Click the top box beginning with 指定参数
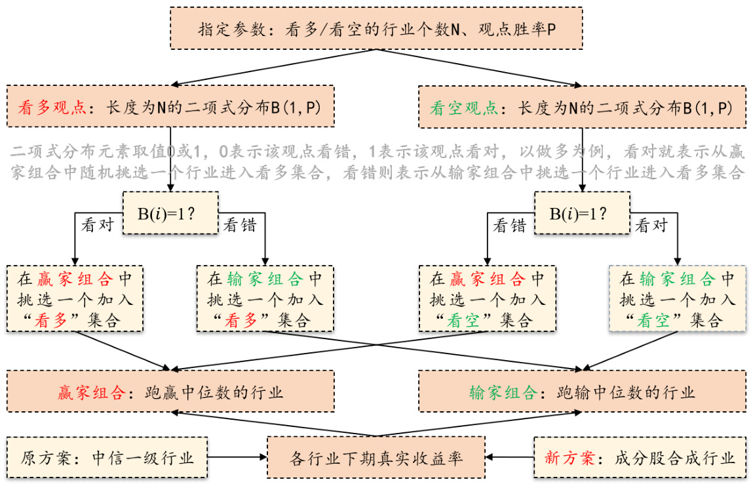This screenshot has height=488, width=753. pos(376,28)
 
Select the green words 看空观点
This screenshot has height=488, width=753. pos(464,107)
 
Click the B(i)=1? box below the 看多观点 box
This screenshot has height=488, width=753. pos(170,213)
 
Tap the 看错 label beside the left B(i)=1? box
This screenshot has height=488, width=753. pos(240,225)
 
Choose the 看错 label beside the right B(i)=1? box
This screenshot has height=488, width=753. pos(509,225)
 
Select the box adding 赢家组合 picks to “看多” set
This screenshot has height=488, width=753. pos(75,298)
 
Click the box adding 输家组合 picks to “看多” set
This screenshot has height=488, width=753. pos(265,298)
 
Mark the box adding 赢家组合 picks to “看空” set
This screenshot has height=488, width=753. pos(487,298)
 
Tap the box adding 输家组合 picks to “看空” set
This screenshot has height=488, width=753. pos(677,298)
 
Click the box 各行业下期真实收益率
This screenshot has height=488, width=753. pos(376,457)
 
